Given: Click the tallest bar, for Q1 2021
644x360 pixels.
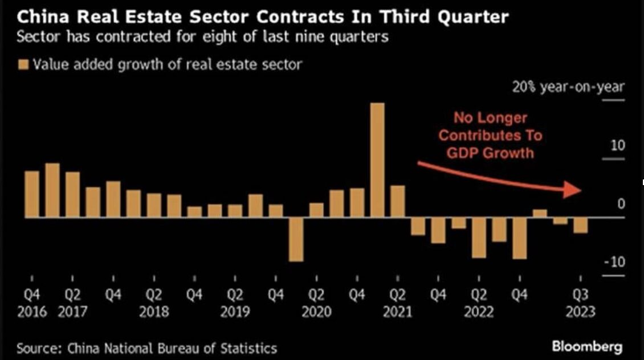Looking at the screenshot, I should (x=377, y=160).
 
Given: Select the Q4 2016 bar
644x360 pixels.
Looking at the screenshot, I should (x=32, y=194).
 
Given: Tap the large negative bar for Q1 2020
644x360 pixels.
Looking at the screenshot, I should (x=296, y=239).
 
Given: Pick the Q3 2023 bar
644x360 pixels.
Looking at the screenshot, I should (x=580, y=225).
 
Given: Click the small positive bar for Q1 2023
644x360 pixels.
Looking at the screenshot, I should (x=540, y=214).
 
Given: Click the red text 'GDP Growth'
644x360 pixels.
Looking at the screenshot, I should (x=490, y=152).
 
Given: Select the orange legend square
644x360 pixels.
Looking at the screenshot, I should (x=23, y=64).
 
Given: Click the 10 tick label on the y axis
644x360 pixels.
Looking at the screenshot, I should (x=618, y=146).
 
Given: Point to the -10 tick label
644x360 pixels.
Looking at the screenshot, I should (x=614, y=262).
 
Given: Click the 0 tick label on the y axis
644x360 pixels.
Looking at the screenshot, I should (x=621, y=204).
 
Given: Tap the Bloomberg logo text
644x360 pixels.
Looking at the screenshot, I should (x=587, y=346).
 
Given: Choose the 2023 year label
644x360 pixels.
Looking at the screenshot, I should (x=580, y=312).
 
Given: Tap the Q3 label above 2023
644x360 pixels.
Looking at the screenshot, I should (x=580, y=296).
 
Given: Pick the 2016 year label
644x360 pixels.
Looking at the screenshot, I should (x=32, y=312).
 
